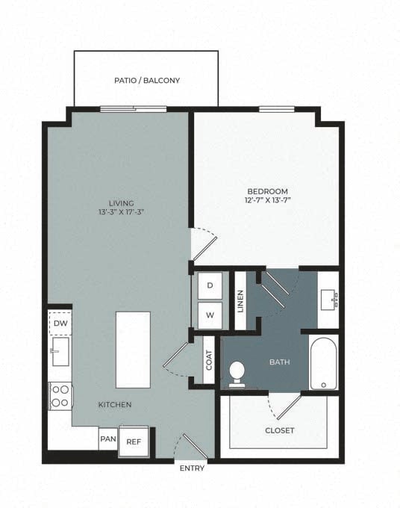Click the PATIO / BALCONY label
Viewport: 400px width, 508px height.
tap(146, 81)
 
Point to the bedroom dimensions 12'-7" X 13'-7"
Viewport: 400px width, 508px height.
tap(266, 201)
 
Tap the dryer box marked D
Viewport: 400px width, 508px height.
tap(210, 285)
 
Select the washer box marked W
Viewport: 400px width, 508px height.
tap(210, 315)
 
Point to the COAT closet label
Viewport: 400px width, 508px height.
tap(208, 361)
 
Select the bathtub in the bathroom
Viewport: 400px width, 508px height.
tap(324, 363)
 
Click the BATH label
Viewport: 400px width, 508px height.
tap(279, 363)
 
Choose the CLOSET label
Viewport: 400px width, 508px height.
tap(279, 430)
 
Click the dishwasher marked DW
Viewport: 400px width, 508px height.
tap(60, 323)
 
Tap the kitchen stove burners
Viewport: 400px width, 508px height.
tap(60, 394)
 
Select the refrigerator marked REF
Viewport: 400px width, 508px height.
tap(134, 442)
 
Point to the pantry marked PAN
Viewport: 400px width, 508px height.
tap(107, 439)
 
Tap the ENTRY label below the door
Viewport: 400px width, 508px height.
tap(192, 468)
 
